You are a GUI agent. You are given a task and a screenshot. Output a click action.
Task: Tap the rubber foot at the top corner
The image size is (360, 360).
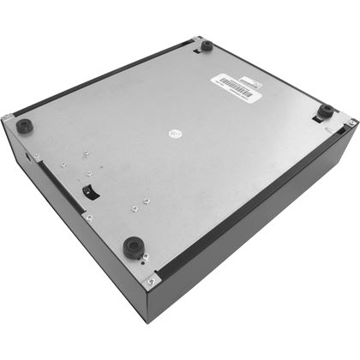[x=207, y=45]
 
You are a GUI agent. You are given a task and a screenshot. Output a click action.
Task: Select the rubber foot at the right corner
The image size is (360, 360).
[x=326, y=111]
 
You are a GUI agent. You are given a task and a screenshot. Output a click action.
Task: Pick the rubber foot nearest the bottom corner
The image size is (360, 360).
[x=132, y=248]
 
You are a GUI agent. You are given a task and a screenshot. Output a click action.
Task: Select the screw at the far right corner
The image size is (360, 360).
[x=352, y=123]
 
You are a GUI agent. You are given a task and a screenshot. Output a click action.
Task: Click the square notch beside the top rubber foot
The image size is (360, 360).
[x=198, y=51]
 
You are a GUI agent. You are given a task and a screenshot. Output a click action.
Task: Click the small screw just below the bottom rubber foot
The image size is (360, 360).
[x=142, y=258]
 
